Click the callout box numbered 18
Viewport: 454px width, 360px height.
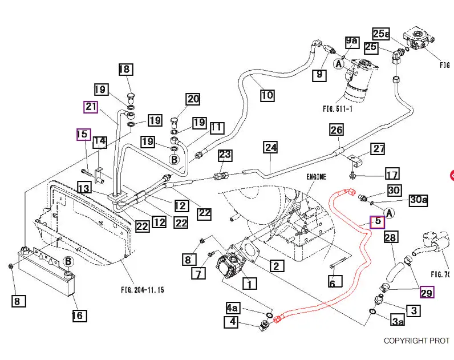(x=126, y=70)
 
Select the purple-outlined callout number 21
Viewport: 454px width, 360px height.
(x=91, y=107)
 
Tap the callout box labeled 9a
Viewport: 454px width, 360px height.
(x=352, y=42)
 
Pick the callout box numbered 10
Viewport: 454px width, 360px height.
(x=267, y=95)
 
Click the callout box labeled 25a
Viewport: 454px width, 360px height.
(x=381, y=34)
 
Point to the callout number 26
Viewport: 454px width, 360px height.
(x=337, y=130)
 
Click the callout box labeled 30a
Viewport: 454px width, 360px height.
(x=419, y=200)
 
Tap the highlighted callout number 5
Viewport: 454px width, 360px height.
(x=377, y=222)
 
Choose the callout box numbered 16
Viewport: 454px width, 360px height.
(x=79, y=315)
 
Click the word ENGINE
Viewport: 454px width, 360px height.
(x=316, y=177)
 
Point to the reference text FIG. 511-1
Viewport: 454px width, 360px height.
(x=338, y=109)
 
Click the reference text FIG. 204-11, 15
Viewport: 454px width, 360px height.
(x=143, y=290)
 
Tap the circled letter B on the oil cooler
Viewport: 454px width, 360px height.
(x=68, y=261)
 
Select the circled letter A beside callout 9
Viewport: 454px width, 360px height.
(x=339, y=64)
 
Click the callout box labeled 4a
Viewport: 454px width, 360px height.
(x=233, y=308)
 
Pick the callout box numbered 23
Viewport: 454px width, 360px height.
(x=225, y=155)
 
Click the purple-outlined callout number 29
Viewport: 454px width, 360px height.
(x=427, y=293)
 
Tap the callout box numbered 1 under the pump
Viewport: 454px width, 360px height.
(x=249, y=284)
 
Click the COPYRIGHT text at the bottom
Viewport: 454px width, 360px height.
(x=416, y=341)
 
